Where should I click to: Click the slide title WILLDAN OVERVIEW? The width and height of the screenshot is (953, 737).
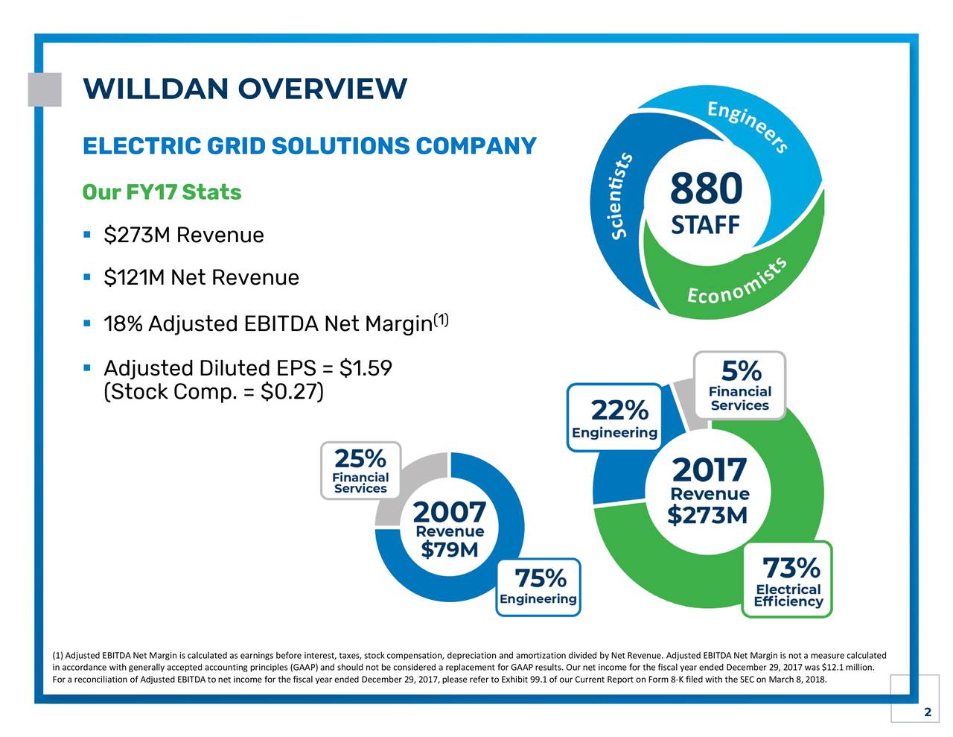tap(245, 89)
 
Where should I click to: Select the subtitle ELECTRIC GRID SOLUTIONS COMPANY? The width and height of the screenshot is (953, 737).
tap(309, 146)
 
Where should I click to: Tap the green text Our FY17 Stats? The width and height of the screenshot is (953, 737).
tap(162, 192)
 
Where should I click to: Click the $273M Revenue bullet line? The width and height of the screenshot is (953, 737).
tap(183, 235)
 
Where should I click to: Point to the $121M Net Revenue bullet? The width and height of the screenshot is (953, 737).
tap(201, 278)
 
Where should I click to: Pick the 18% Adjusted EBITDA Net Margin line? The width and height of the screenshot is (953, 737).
tap(268, 324)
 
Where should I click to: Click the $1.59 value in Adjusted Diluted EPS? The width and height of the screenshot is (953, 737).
tap(365, 369)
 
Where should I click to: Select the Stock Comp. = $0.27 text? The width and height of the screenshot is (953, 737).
tap(213, 391)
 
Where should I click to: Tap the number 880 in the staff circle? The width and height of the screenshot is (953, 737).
tap(706, 189)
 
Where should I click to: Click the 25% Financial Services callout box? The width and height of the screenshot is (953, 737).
tap(360, 470)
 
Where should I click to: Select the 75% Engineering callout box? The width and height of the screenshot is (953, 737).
tap(538, 586)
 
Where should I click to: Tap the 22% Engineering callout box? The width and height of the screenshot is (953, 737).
tap(615, 418)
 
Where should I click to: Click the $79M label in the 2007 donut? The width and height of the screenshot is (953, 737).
tap(450, 550)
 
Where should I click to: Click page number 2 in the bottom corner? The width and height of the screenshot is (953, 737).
tap(927, 712)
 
